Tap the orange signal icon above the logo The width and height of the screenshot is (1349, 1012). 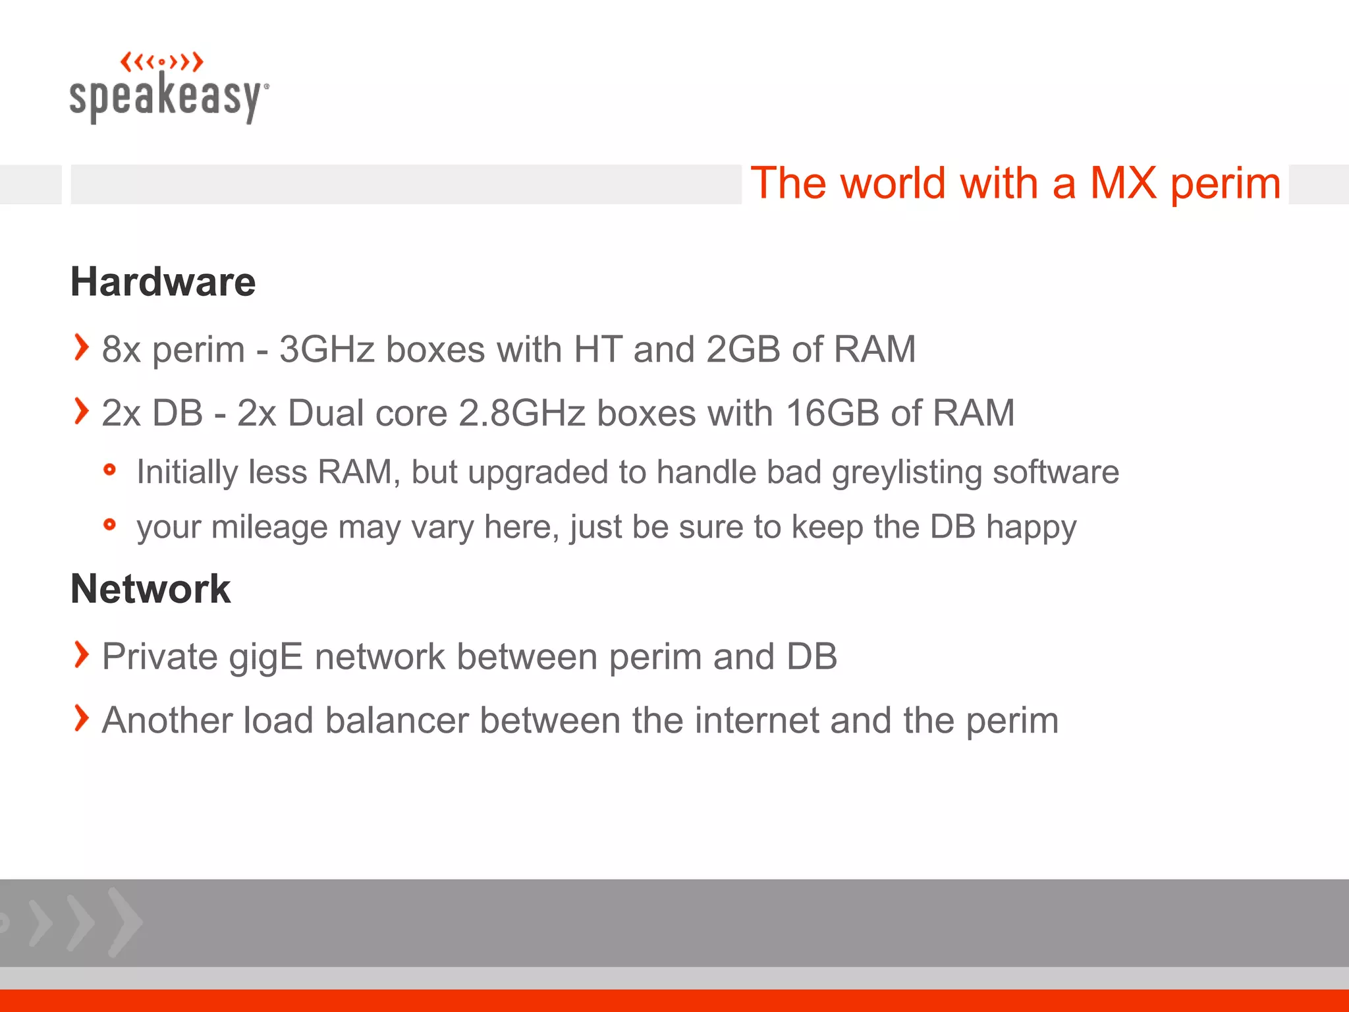[161, 63]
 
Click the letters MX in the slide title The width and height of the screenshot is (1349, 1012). [1123, 183]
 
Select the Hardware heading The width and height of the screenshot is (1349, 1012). [163, 282]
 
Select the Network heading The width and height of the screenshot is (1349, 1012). [150, 588]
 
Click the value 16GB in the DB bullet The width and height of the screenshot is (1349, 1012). [832, 414]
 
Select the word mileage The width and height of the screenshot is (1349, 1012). [269, 527]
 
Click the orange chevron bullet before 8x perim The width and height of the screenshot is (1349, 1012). [81, 347]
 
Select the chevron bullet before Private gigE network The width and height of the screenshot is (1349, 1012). [81, 654]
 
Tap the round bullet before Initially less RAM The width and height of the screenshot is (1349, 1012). [110, 470]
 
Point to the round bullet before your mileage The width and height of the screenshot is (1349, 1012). [110, 524]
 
